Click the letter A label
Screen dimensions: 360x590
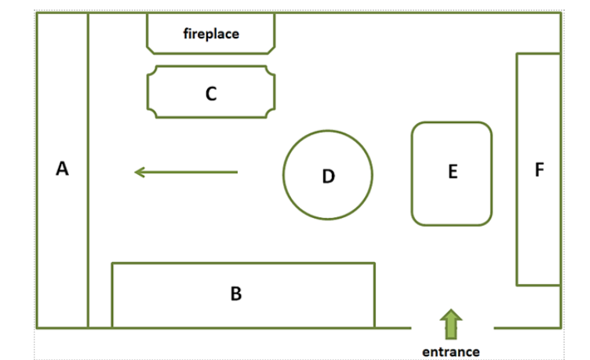[63, 168]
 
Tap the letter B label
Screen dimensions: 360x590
[236, 294]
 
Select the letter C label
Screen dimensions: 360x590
[210, 94]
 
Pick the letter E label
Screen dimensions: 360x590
[452, 172]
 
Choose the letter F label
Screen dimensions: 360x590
[538, 169]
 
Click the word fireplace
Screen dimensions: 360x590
[211, 34]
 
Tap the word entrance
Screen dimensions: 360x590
[451, 351]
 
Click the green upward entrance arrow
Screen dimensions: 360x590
[452, 325]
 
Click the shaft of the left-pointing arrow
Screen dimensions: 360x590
[196, 172]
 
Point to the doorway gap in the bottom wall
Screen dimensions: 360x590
[452, 328]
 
